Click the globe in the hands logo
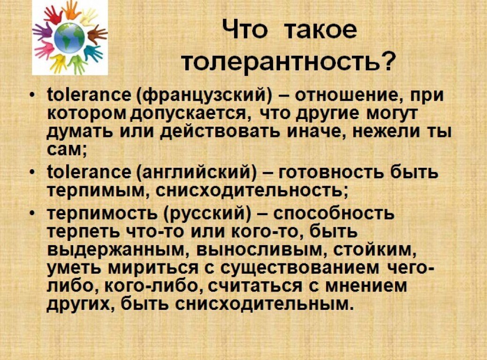coord(69,38)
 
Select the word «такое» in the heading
coord(320,31)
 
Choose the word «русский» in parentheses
coord(207,214)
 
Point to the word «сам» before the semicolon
coord(64,150)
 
